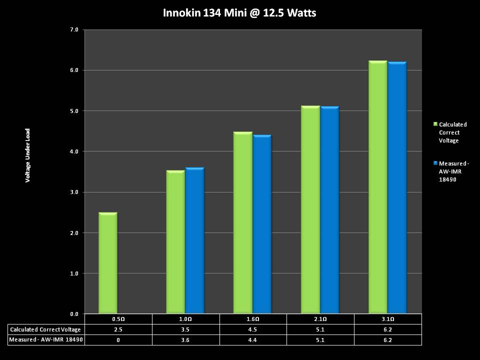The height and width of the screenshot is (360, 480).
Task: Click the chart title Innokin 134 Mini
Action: point(239,13)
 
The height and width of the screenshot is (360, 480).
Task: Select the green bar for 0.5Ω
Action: point(108,263)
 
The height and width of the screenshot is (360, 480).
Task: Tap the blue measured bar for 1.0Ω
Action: point(194,240)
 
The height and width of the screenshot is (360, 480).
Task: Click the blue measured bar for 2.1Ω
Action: point(329,210)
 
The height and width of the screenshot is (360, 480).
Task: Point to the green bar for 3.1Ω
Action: point(377,187)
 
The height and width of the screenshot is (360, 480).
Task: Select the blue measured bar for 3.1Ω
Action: point(397,187)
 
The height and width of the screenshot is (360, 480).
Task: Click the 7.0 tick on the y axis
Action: point(74,30)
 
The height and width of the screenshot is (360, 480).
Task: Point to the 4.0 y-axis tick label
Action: point(74,151)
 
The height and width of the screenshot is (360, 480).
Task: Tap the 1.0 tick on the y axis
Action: point(74,273)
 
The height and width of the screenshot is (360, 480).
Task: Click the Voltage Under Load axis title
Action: point(28,155)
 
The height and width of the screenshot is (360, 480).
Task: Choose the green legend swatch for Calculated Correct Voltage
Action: point(435,124)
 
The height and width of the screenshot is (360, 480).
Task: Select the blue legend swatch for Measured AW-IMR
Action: point(435,163)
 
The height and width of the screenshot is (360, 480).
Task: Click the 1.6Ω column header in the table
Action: point(253,319)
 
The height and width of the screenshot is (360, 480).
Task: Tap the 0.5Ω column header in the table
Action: point(118,319)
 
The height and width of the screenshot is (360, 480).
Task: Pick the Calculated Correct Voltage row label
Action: point(45,329)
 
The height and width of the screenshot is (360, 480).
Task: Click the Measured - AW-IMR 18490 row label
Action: point(45,340)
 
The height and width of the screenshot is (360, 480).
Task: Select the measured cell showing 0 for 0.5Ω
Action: point(118,340)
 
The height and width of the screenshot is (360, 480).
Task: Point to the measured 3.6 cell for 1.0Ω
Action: point(185,340)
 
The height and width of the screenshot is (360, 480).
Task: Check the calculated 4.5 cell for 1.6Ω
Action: point(253,329)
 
